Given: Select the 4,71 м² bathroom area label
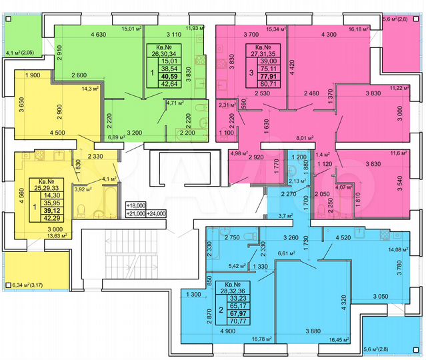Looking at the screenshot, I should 176,103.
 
